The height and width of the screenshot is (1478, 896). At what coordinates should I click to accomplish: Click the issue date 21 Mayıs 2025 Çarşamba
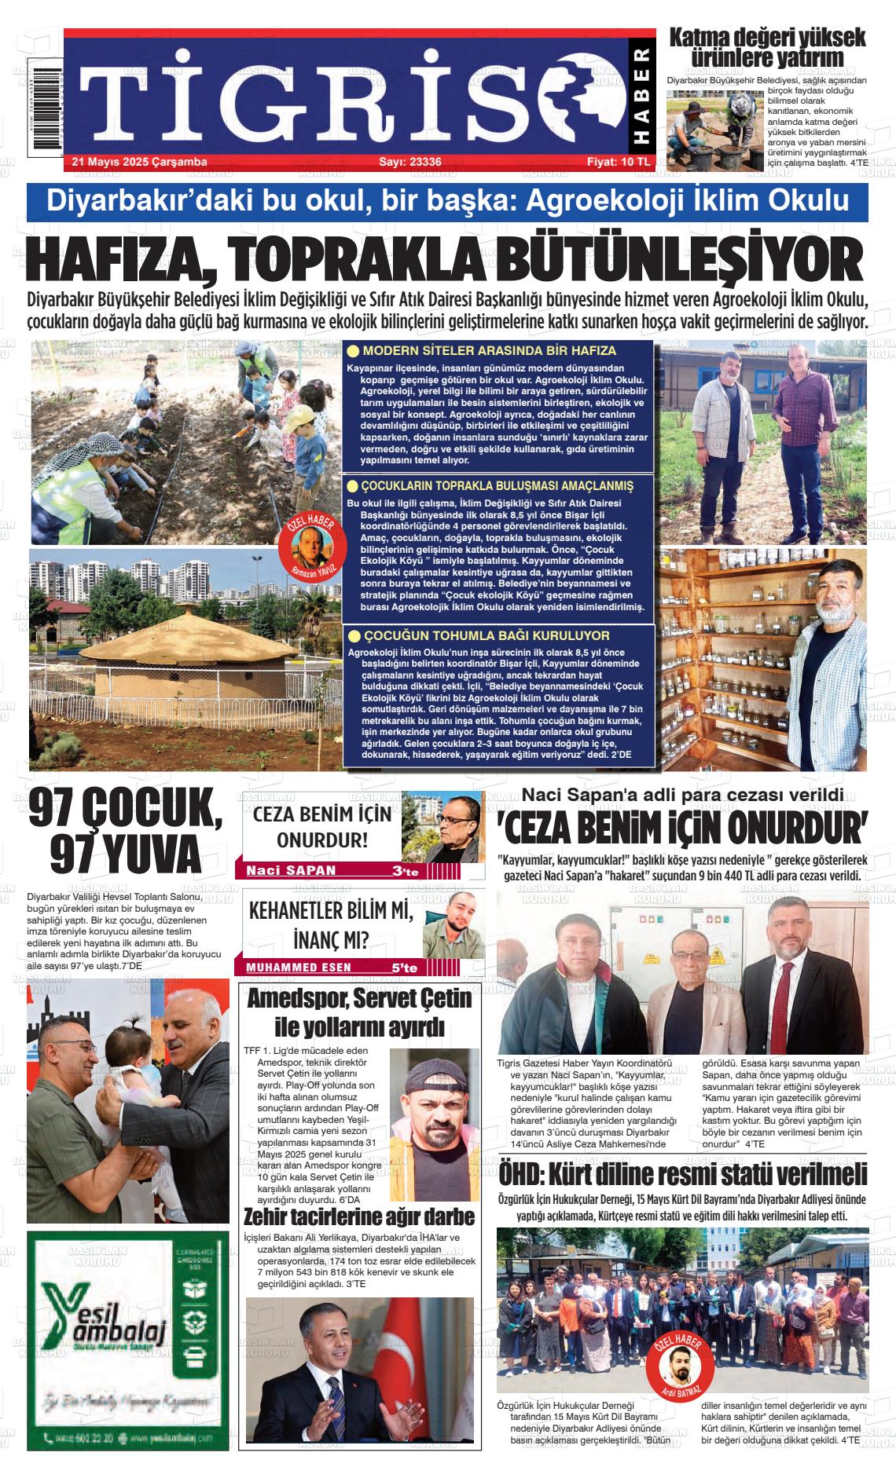[139, 162]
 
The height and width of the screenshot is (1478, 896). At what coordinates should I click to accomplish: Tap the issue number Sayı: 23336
[409, 162]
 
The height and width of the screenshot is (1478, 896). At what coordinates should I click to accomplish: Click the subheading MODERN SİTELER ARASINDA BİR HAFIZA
[489, 351]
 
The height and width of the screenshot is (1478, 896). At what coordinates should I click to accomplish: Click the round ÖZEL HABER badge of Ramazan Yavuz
[307, 548]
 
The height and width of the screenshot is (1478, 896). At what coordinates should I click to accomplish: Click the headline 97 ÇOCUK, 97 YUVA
[126, 841]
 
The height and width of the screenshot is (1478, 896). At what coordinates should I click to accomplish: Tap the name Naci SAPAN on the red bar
[291, 870]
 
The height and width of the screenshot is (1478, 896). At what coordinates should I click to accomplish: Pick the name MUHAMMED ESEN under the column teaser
[299, 968]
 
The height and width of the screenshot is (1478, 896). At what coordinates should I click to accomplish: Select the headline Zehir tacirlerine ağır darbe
[359, 1217]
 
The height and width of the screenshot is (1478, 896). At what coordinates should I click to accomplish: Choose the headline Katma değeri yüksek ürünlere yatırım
[766, 47]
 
